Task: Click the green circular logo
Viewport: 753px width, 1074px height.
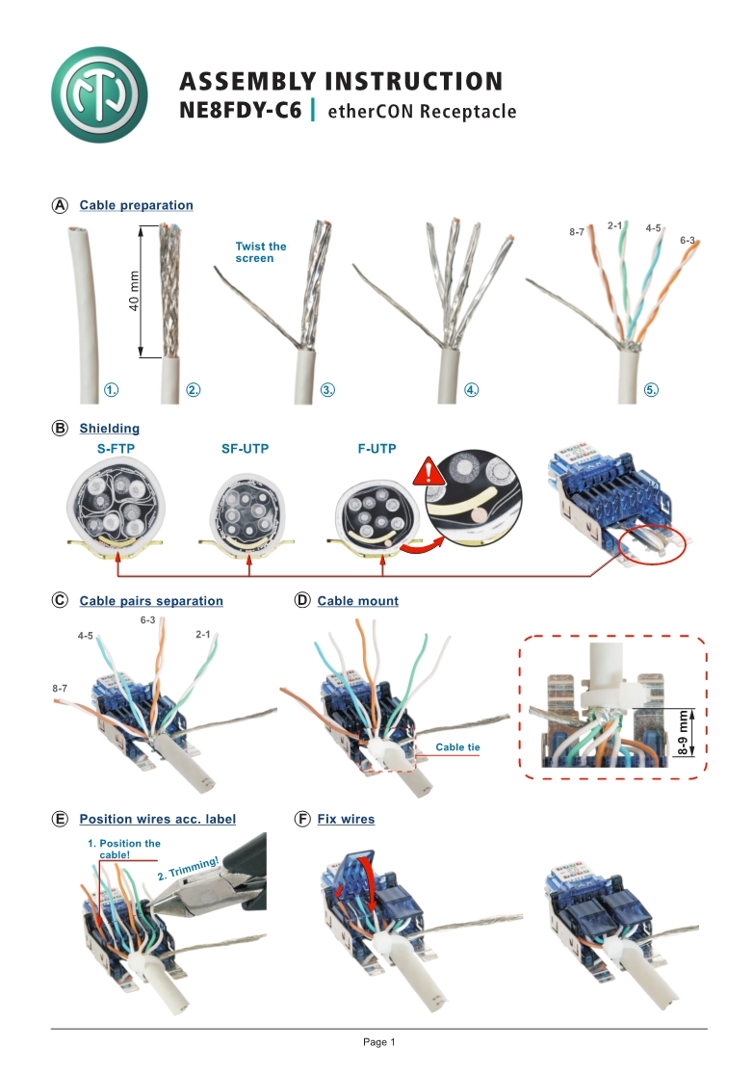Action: click(99, 94)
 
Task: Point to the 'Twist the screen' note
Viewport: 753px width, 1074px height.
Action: click(261, 252)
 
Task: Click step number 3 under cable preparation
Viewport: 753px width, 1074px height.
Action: click(327, 390)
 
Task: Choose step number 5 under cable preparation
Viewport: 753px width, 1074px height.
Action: click(652, 390)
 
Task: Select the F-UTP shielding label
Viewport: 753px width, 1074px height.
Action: click(377, 448)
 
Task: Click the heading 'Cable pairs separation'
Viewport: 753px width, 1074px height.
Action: click(151, 601)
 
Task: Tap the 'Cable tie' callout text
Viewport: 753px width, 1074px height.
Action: click(457, 747)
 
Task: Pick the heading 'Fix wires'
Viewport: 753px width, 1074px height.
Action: click(346, 820)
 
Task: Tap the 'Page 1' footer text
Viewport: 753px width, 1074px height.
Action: click(379, 1042)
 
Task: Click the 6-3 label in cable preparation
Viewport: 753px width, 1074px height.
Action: click(688, 239)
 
